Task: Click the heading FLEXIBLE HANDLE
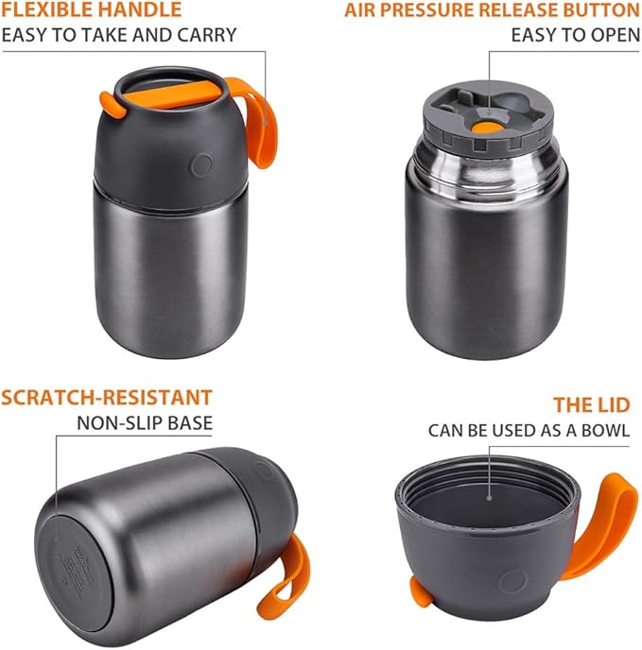click(92, 9)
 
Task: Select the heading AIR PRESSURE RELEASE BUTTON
click(493, 10)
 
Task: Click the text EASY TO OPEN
click(576, 35)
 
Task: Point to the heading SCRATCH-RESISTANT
click(107, 398)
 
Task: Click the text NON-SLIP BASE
click(145, 423)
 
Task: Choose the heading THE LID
click(592, 405)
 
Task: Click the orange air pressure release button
click(487, 128)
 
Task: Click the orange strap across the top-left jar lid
click(170, 94)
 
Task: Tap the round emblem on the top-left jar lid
click(202, 164)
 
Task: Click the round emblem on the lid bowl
click(512, 581)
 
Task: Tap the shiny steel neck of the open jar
click(487, 163)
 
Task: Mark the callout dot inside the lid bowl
click(489, 498)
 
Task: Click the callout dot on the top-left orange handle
click(266, 123)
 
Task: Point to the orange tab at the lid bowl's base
click(420, 591)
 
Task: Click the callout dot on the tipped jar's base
click(57, 539)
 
